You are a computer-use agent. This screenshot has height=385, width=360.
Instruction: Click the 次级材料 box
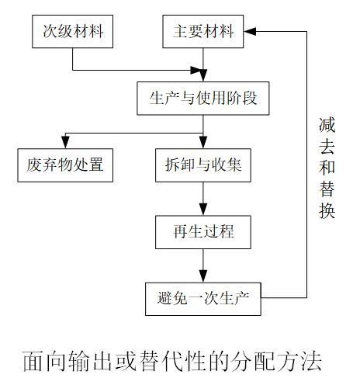[x=73, y=31]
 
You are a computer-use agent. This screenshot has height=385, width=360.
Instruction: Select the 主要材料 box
[x=203, y=31]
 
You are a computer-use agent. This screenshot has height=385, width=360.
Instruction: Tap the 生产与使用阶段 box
[x=203, y=99]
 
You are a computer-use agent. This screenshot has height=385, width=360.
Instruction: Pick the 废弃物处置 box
[x=65, y=165]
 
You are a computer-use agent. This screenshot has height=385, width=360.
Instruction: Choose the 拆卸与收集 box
[x=203, y=165]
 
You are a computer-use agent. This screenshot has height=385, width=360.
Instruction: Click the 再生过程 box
[x=203, y=232]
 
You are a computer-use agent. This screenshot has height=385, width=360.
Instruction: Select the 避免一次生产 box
[x=203, y=299]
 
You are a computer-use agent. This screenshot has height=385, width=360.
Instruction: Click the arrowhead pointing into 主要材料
[x=250, y=31]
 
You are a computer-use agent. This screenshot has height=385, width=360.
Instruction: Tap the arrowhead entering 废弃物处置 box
[x=65, y=143]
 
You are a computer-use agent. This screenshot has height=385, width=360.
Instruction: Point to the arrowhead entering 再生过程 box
[x=203, y=210]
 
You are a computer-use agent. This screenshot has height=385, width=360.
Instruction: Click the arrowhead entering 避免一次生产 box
[x=203, y=276]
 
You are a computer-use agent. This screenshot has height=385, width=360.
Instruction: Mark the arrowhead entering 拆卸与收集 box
[x=203, y=143]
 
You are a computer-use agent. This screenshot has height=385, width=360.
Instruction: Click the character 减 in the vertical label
[x=327, y=125]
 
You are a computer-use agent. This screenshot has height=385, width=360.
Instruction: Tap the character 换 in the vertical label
[x=327, y=210]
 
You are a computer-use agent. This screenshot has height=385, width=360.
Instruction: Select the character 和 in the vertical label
[x=327, y=168]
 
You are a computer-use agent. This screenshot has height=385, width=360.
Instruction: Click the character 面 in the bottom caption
[x=33, y=361]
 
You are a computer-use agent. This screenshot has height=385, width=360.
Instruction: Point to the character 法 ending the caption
[x=311, y=361]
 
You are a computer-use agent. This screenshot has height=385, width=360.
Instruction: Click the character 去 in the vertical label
[x=327, y=147]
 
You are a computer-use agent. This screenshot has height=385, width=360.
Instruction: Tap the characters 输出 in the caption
[x=91, y=361]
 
